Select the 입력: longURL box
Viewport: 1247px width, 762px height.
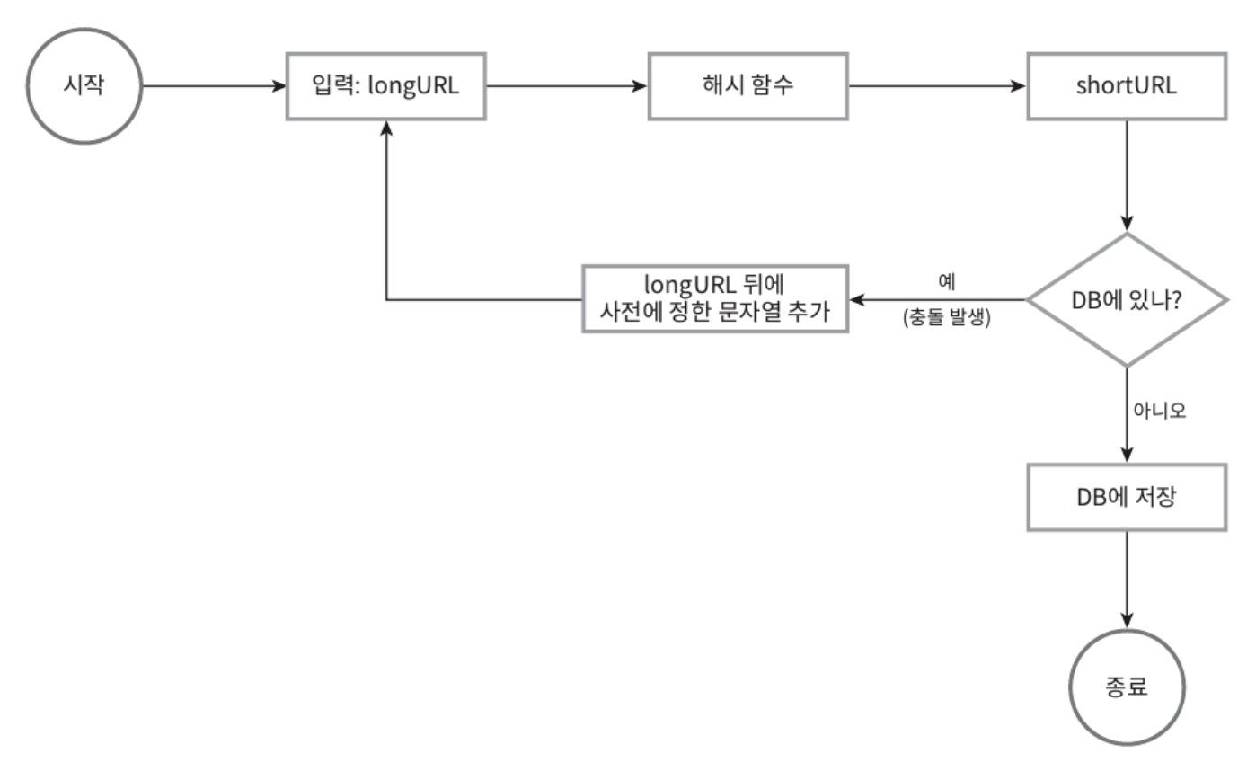[x=386, y=87]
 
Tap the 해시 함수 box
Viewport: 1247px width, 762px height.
[x=747, y=87]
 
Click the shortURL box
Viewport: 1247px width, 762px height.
[x=1126, y=87]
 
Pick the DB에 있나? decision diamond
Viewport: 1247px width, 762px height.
[x=1126, y=299]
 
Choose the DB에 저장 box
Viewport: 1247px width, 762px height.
[x=1126, y=497]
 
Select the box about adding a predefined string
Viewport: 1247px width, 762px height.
[x=714, y=299]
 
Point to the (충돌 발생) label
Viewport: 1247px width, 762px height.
[x=946, y=318]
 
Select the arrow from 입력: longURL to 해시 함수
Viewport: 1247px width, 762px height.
[x=566, y=87]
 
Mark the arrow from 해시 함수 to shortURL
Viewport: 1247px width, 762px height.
[x=936, y=87]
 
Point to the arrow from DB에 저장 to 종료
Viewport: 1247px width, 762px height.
[x=1126, y=579]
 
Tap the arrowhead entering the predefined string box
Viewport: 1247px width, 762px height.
[x=857, y=299]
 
